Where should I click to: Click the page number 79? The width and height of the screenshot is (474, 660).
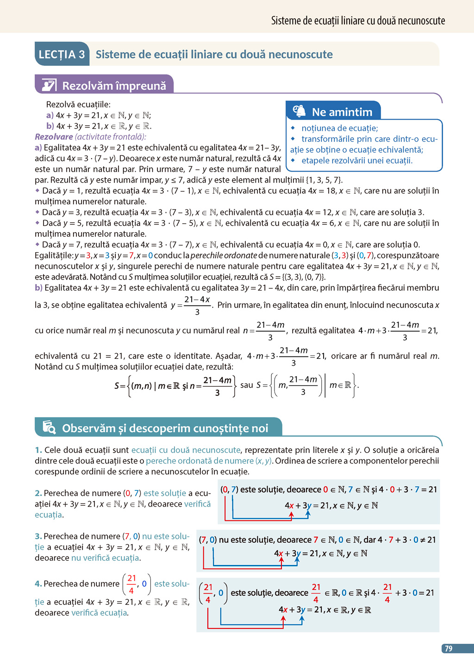pyautogui.click(x=449, y=648)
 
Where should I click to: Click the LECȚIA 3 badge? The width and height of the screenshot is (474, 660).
pyautogui.click(x=62, y=55)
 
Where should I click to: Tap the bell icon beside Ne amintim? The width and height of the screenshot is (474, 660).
pyautogui.click(x=299, y=111)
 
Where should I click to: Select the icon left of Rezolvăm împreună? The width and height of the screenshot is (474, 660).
pyautogui.click(x=49, y=85)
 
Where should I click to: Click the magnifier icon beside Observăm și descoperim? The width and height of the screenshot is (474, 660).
pyautogui.click(x=49, y=427)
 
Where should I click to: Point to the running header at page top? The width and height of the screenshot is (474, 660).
pyautogui.click(x=358, y=21)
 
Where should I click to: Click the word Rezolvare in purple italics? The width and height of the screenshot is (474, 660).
pyautogui.click(x=54, y=137)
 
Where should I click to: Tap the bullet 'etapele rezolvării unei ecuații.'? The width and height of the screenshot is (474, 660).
pyautogui.click(x=356, y=161)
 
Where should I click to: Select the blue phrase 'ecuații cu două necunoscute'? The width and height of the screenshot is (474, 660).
pyautogui.click(x=186, y=450)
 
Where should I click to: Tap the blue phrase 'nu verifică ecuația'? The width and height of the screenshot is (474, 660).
pyautogui.click(x=105, y=558)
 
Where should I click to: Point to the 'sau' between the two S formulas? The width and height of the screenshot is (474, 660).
pyautogui.click(x=247, y=385)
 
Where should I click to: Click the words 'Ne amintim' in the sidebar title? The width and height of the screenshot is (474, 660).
pyautogui.click(x=342, y=112)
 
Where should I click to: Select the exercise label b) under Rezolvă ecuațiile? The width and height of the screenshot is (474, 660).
pyautogui.click(x=50, y=126)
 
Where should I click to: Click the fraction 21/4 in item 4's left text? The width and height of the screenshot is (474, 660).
pyautogui.click(x=131, y=584)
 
